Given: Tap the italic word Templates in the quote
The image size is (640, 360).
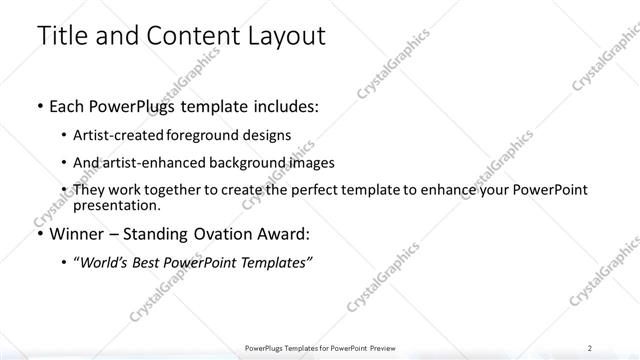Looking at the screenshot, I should pyautogui.click(x=280, y=262).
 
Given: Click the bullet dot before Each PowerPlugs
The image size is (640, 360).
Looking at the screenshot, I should pyautogui.click(x=39, y=107).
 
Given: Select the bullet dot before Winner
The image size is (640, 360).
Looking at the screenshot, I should pyautogui.click(x=39, y=235).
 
